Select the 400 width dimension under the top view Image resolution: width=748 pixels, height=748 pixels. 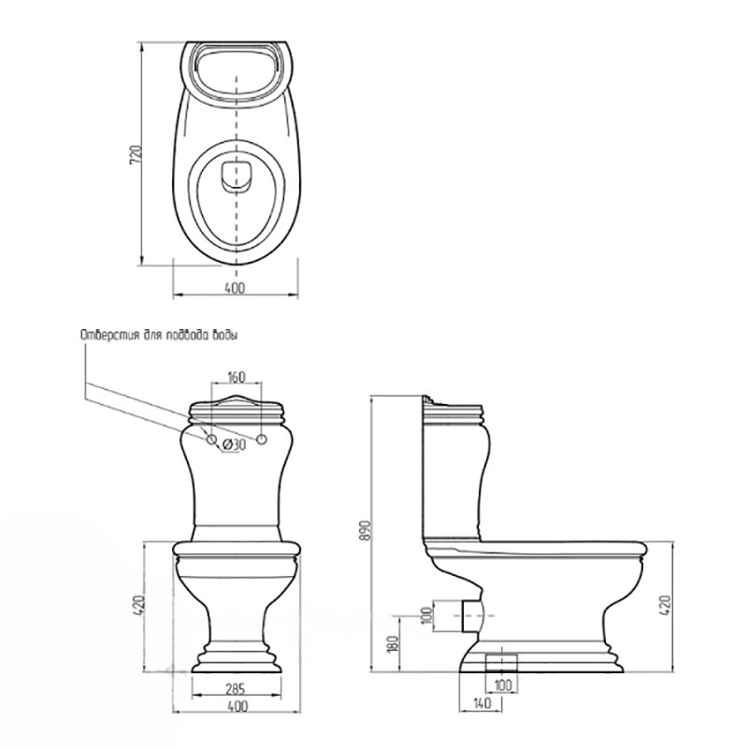(235, 288)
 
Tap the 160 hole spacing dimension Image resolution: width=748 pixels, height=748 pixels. (236, 377)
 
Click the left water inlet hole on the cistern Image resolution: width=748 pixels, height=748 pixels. (211, 439)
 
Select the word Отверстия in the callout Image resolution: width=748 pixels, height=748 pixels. (109, 335)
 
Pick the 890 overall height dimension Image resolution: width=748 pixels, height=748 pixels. (366, 530)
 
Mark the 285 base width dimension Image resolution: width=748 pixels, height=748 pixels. (236, 690)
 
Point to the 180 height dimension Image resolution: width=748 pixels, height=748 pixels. (394, 645)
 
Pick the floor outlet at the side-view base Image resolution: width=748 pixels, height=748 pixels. (501, 662)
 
